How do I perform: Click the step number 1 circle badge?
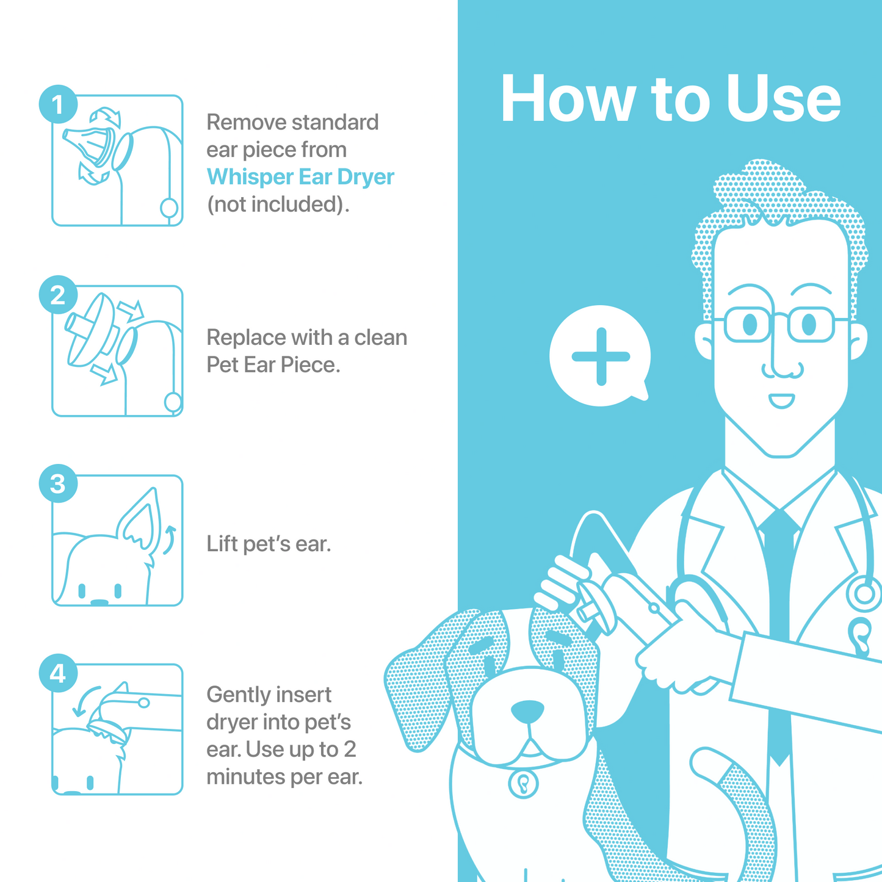(58, 104)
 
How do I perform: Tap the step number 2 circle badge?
(58, 295)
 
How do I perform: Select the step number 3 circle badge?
(58, 484)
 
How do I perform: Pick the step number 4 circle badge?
(58, 674)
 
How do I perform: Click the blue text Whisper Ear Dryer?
(300, 177)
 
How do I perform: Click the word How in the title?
(568, 99)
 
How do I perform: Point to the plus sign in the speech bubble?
(601, 356)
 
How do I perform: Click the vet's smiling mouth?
(781, 401)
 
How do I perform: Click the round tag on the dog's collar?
(523, 783)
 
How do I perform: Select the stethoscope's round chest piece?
(864, 593)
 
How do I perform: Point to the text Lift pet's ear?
(269, 543)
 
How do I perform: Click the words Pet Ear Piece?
(273, 365)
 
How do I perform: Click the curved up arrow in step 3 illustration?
(169, 538)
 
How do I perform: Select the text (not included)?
(278, 204)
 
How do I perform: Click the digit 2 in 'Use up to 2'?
(349, 750)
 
